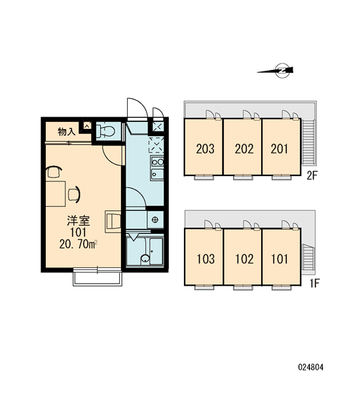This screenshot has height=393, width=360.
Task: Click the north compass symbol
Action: click(x=276, y=71)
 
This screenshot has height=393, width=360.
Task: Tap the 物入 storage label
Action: click(x=67, y=132)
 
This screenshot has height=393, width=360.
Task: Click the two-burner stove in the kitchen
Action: click(x=157, y=162)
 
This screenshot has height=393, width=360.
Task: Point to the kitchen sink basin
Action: click(x=157, y=174)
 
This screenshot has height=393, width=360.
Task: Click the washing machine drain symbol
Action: click(x=155, y=220)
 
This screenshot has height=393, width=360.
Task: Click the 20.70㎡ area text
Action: click(x=78, y=244)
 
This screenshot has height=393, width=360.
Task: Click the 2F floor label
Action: click(x=312, y=176)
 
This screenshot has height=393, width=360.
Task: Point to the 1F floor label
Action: click(x=314, y=284)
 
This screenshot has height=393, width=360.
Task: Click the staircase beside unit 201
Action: click(x=308, y=142)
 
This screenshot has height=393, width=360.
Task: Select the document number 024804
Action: click(x=311, y=367)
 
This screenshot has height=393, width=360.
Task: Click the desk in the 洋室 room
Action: click(x=56, y=194)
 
